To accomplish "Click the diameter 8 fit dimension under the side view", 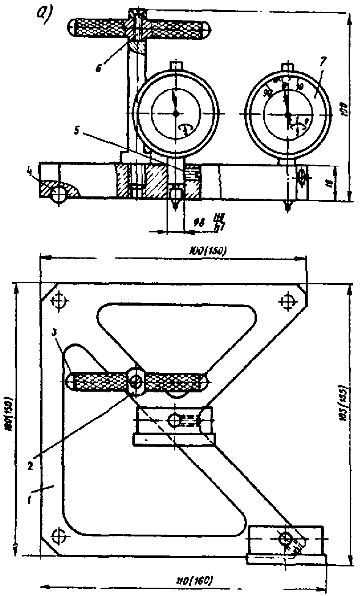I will (208, 221).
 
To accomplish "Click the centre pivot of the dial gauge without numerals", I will (176, 113).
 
